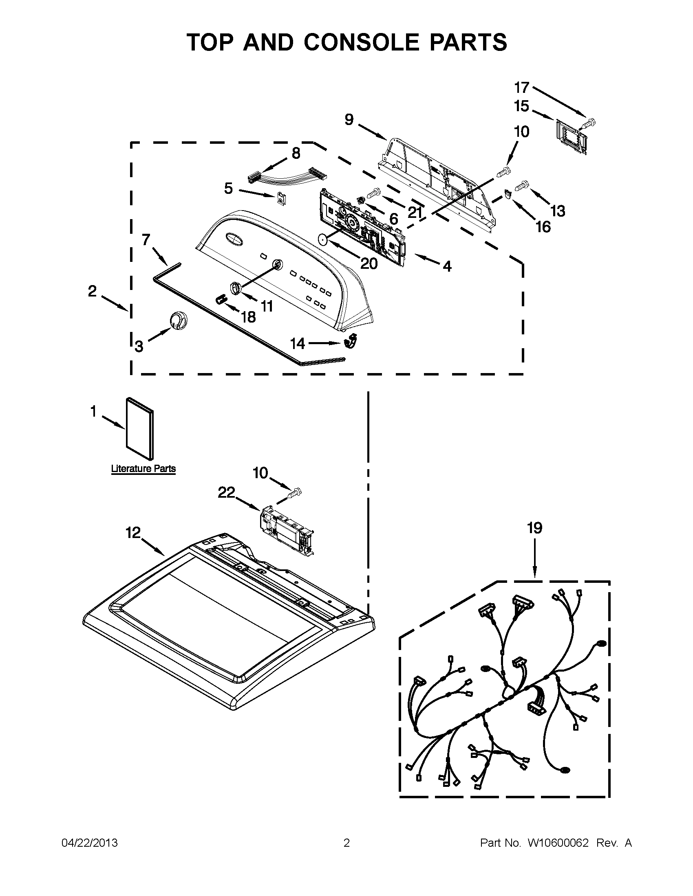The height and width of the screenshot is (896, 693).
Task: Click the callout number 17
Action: pyautogui.click(x=522, y=88)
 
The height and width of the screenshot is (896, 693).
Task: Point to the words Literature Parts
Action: pyautogui.click(x=143, y=468)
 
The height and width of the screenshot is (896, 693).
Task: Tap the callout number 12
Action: pyautogui.click(x=133, y=533)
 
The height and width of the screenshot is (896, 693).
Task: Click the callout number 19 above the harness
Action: pyautogui.click(x=534, y=528)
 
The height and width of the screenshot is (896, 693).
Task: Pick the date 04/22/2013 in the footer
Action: pyautogui.click(x=90, y=843)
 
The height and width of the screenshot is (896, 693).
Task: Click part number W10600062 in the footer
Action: pyautogui.click(x=558, y=843)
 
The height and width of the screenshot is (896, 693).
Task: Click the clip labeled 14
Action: pyautogui.click(x=350, y=340)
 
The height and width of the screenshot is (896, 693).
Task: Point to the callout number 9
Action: pyautogui.click(x=349, y=119)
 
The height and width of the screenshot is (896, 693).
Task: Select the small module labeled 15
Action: pyautogui.click(x=571, y=136)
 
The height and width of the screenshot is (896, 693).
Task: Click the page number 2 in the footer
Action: pyautogui.click(x=346, y=843)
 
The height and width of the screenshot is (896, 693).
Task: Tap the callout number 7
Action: pyautogui.click(x=146, y=239)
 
